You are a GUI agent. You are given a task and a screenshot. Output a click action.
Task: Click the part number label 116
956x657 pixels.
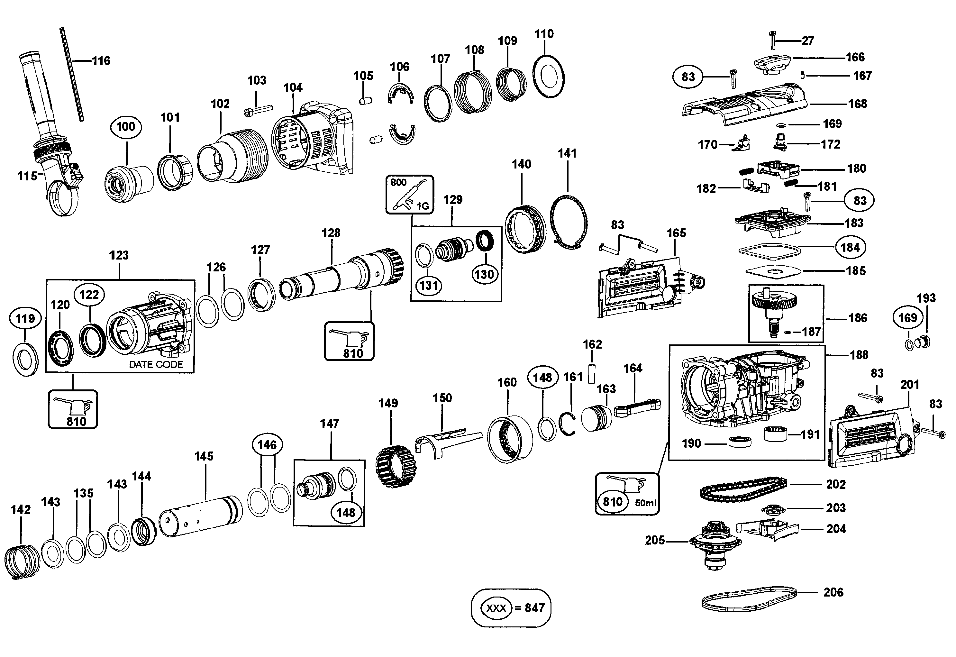point(101,61)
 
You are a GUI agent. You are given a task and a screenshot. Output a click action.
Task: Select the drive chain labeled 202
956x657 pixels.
point(743,488)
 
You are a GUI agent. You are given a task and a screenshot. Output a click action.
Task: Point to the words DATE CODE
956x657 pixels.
point(156,364)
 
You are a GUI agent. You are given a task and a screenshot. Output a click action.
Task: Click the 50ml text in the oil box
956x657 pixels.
point(645,503)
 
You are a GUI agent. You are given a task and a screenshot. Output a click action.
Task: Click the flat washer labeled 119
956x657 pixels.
point(25,359)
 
